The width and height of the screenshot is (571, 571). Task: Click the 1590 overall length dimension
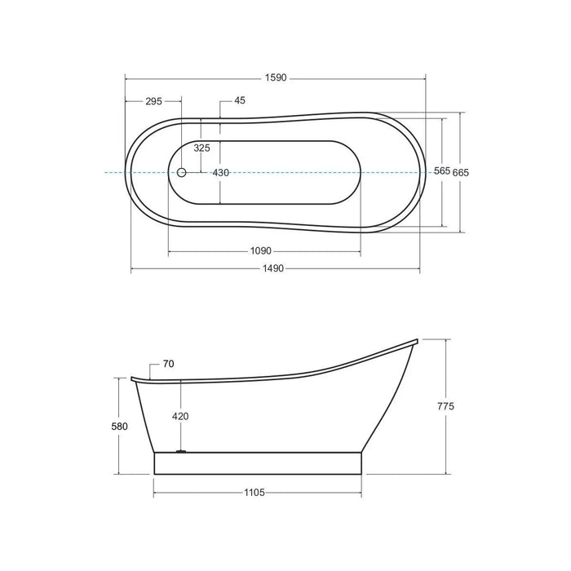point(276,77)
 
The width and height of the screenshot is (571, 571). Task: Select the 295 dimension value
point(153,101)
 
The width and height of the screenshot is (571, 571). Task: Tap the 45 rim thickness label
point(240,100)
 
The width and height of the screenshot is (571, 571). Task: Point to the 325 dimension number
point(201,148)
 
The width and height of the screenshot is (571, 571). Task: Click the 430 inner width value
point(221,173)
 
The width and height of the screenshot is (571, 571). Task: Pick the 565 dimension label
point(442,170)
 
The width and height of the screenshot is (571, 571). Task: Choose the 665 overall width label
point(461,173)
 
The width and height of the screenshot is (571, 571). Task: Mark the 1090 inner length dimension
point(261,251)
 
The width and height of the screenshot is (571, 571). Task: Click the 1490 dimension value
point(273,268)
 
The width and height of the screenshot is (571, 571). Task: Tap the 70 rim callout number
point(168,364)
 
